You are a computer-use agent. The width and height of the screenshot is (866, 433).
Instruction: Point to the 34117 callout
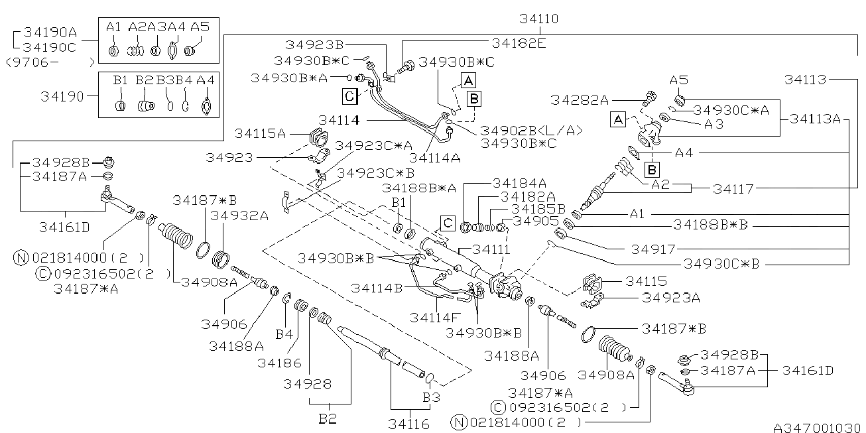click(x=733, y=189)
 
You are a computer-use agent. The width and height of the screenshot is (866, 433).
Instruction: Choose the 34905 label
click(x=536, y=221)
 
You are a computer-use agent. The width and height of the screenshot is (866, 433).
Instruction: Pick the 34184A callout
click(x=519, y=182)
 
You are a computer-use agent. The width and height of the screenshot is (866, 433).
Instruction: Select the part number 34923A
click(x=670, y=298)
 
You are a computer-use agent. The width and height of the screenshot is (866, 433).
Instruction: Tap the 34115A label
click(x=260, y=133)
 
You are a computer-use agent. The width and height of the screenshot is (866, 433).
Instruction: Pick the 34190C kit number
click(x=52, y=47)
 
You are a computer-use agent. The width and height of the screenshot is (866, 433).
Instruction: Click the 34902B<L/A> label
click(x=531, y=130)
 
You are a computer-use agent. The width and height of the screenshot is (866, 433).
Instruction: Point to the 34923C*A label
click(x=374, y=145)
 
